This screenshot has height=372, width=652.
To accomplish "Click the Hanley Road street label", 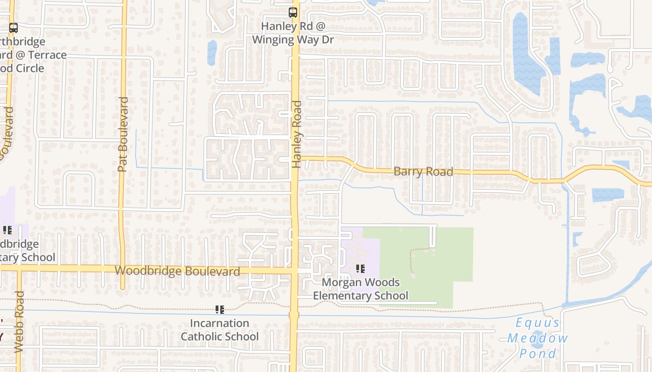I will click(x=297, y=134).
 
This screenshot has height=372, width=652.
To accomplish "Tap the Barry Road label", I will click(x=423, y=172).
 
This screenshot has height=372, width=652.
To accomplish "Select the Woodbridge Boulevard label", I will click(x=177, y=271).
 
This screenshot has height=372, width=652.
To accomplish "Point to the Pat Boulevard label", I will click(x=123, y=134).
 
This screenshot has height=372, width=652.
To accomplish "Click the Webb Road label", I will click(x=19, y=321).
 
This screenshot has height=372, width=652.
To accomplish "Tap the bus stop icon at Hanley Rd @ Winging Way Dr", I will click(x=293, y=13).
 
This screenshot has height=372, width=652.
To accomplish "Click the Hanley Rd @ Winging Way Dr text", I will click(x=293, y=33).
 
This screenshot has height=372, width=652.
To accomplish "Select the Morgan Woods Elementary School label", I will click(x=360, y=289).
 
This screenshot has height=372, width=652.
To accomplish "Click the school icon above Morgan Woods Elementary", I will click(x=360, y=269).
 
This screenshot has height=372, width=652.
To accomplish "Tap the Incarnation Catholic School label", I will click(x=220, y=330).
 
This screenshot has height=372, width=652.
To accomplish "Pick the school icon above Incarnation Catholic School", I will click(x=220, y=310).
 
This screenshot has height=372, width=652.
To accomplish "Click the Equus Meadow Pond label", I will click(x=537, y=338).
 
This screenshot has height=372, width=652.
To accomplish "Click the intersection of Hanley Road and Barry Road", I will click(x=295, y=159).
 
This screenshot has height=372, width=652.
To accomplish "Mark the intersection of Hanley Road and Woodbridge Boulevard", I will click(x=294, y=270).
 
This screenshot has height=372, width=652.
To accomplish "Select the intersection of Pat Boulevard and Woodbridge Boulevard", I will click(x=122, y=269).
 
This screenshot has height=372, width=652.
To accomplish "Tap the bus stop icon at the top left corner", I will click(x=14, y=28).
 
